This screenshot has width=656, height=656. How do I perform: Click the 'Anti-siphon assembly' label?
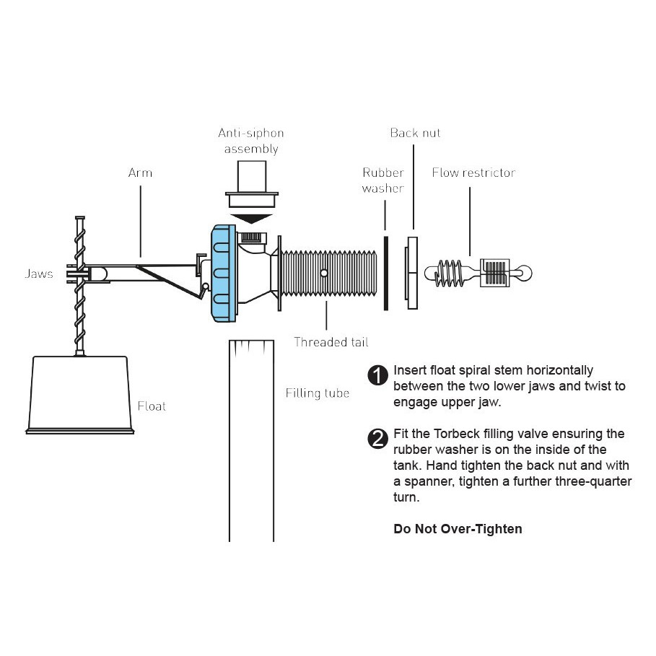(251, 141)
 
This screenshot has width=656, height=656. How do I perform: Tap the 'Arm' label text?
(140, 173)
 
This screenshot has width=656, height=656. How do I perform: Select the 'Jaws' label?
(38, 274)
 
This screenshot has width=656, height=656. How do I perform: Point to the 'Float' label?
(152, 406)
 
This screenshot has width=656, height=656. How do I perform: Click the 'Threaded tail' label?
(331, 341)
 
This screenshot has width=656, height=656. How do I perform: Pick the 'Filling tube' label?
(318, 393)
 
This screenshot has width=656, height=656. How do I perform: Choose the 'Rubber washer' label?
(383, 180)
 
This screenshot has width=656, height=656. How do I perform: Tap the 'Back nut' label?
(415, 133)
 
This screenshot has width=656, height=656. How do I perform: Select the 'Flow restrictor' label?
(473, 172)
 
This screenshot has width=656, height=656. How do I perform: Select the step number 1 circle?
(377, 376)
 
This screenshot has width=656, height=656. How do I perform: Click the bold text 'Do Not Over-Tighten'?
(458, 529)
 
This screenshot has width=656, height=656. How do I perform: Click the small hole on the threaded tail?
(325, 273)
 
